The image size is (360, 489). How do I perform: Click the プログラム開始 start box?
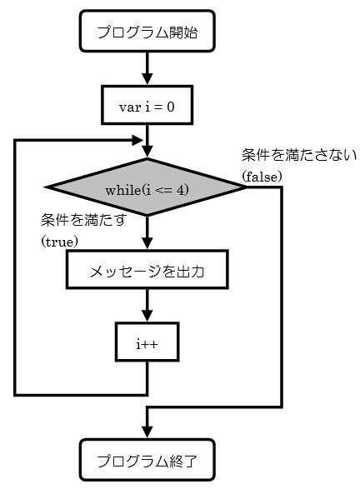pyautogui.click(x=147, y=31)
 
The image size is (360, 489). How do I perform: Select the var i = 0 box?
pyautogui.click(x=147, y=105)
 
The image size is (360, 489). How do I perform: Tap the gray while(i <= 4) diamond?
pyautogui.click(x=147, y=187)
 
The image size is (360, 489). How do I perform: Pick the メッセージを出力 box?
pyautogui.click(x=147, y=269)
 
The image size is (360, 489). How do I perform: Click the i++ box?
pyautogui.click(x=147, y=342)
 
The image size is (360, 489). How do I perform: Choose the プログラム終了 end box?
pyautogui.click(x=147, y=460)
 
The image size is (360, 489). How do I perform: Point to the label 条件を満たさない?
pyautogui.click(x=299, y=155)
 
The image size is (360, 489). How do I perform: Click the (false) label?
pyautogui.click(x=262, y=177)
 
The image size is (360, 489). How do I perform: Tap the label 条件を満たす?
pyautogui.click(x=84, y=220)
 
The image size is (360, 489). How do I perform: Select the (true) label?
pyautogui.click(x=60, y=242)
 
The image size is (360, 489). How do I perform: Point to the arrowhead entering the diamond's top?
pyautogui.click(x=147, y=152)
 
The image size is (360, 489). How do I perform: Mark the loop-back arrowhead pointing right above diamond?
pyautogui.click(x=137, y=140)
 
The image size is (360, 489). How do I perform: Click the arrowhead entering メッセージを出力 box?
pyautogui.click(x=147, y=243)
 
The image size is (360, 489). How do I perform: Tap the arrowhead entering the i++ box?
pyautogui.click(x=147, y=316)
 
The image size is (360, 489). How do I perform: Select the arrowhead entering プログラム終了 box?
pyautogui.click(x=147, y=432)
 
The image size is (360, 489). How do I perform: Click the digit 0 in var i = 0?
pyautogui.click(x=170, y=107)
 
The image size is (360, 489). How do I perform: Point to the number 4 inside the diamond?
pyautogui.click(x=181, y=190)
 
